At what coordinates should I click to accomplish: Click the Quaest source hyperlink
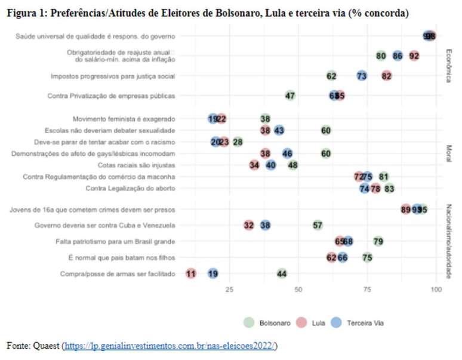click(x=171, y=346)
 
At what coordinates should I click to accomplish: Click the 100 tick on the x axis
click(x=436, y=290)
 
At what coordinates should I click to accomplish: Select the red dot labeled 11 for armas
click(x=191, y=273)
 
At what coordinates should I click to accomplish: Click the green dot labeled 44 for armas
click(x=282, y=273)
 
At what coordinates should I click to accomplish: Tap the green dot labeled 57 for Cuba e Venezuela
click(x=318, y=225)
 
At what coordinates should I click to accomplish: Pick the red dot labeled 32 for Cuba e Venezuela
click(x=249, y=225)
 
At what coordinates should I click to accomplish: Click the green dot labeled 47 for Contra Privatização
click(x=290, y=96)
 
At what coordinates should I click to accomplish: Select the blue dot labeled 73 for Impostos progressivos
click(x=362, y=76)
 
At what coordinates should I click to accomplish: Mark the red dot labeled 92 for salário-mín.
click(x=414, y=56)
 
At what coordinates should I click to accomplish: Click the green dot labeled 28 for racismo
click(x=238, y=141)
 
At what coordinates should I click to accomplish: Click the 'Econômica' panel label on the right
click(x=448, y=66)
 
